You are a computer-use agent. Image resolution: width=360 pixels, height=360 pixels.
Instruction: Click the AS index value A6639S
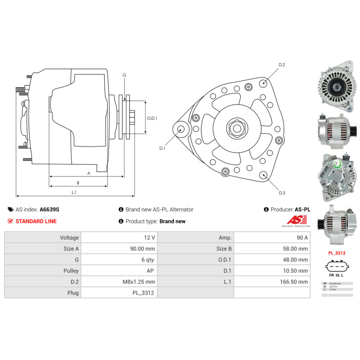click(x=49, y=210)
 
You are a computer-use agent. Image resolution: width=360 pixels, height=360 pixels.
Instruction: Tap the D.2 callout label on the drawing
click(x=282, y=65)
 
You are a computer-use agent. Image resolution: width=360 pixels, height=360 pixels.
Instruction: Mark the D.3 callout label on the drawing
click(x=282, y=193)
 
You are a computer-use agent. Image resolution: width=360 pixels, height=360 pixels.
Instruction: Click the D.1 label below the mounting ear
click(x=162, y=148)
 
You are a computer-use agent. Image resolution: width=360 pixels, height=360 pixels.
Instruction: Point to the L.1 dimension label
click(x=74, y=193)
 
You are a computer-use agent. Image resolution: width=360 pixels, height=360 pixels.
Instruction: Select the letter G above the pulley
click(x=124, y=75)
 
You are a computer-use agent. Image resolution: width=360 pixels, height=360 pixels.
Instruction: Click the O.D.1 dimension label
click(x=152, y=118)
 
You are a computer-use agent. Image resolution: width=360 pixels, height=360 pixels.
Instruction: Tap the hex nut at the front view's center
click(x=237, y=128)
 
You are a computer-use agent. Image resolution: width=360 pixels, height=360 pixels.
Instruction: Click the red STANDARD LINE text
click(x=36, y=221)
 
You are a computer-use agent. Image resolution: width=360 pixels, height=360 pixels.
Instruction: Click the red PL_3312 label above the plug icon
click(x=337, y=253)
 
